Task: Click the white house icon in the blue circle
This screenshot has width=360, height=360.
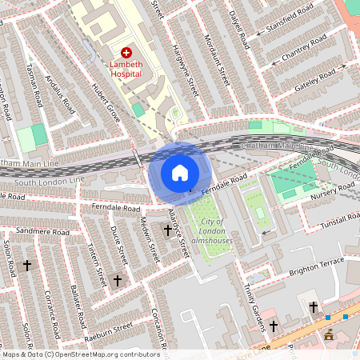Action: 180,172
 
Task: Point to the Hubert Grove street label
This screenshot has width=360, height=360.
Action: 106,103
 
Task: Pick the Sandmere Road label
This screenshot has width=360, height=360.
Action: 39,230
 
